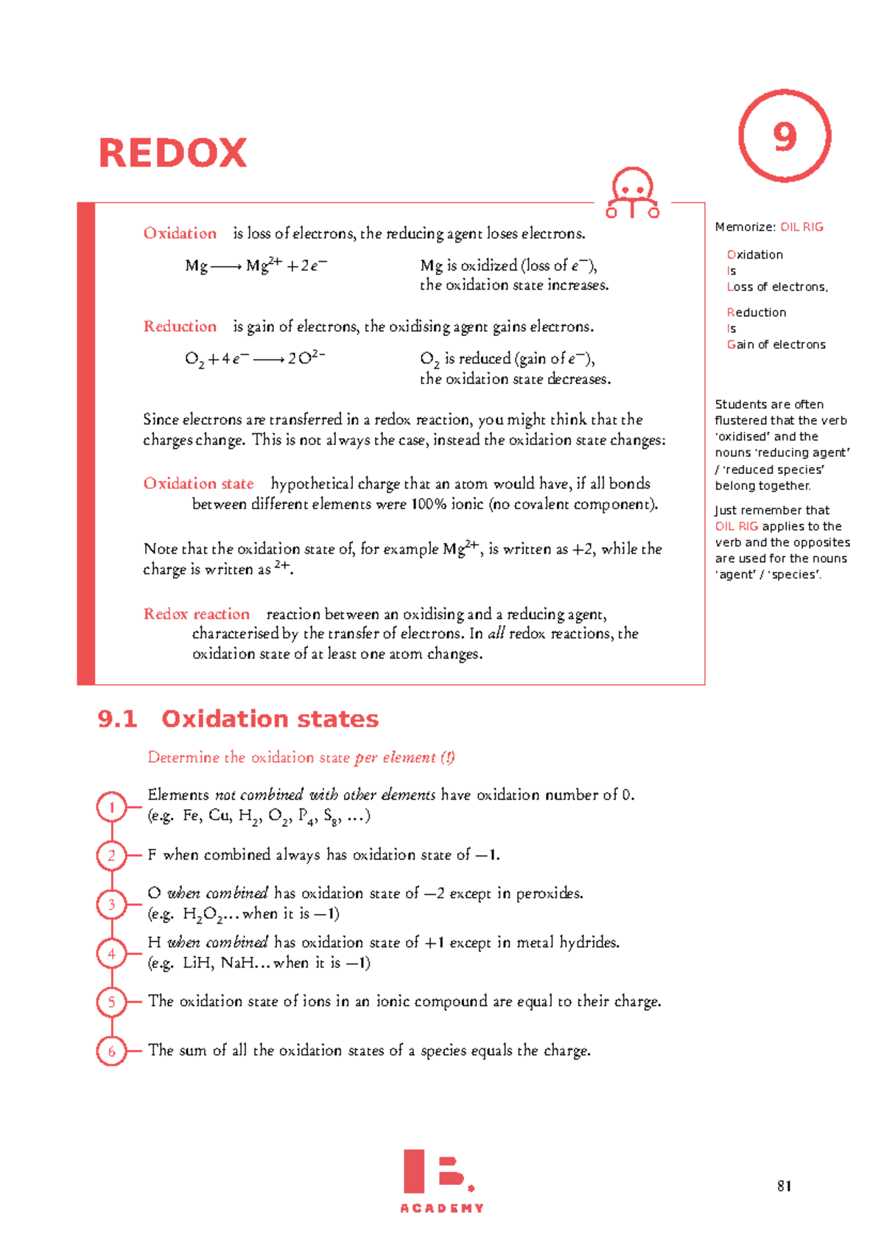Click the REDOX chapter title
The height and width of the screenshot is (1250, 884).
[x=172, y=153]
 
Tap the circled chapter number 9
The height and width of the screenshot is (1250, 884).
[x=785, y=136]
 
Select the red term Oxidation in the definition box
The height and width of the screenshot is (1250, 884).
[x=180, y=234]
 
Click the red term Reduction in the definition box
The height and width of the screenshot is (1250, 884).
[x=180, y=327]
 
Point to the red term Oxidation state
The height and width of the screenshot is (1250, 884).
[x=198, y=483]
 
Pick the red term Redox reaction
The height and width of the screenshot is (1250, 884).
[x=196, y=614]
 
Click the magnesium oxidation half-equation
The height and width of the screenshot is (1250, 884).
[x=256, y=265]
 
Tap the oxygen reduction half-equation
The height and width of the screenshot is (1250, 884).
[x=254, y=359]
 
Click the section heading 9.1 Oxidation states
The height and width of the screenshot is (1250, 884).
[x=238, y=719]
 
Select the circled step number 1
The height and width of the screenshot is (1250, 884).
[x=112, y=807]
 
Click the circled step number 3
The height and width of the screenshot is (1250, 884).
[x=112, y=904]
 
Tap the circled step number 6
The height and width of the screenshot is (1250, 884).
[x=112, y=1051]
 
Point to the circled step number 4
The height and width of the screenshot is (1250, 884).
[x=112, y=954]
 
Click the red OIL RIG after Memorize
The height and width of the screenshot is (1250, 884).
[x=801, y=227]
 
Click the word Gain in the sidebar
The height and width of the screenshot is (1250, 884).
[x=740, y=344]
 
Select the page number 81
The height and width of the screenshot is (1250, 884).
[x=784, y=1186]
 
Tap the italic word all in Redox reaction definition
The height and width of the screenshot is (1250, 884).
[x=497, y=634]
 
